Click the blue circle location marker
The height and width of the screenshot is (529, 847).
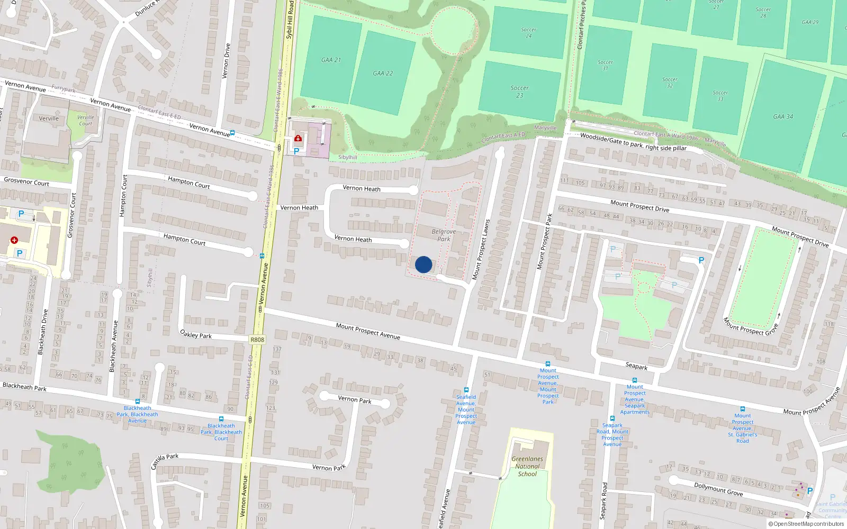point(424,264)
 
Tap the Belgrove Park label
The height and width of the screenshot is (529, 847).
point(444,235)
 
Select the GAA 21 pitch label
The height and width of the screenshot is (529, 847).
point(331,60)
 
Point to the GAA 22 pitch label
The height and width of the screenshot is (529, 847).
point(383,74)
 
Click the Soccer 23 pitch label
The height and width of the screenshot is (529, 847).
point(519,92)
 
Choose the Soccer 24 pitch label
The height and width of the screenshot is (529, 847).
point(528,33)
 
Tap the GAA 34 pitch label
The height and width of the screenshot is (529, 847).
point(783,117)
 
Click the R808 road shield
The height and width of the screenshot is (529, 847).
point(257,340)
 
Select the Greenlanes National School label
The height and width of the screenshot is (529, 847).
point(527,467)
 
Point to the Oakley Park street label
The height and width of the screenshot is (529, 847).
point(196,334)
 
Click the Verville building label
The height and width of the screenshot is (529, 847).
point(49,118)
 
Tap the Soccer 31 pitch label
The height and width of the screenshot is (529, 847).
point(605,65)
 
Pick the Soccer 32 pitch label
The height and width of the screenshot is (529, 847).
point(670,83)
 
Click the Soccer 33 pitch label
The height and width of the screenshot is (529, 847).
point(720,96)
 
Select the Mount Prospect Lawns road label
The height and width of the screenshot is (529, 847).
point(481,249)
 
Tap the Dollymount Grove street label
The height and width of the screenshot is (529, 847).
point(718,489)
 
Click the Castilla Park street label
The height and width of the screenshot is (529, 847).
point(165,461)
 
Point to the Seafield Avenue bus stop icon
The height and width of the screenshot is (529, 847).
point(466,390)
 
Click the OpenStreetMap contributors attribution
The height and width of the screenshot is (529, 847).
point(806,524)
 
